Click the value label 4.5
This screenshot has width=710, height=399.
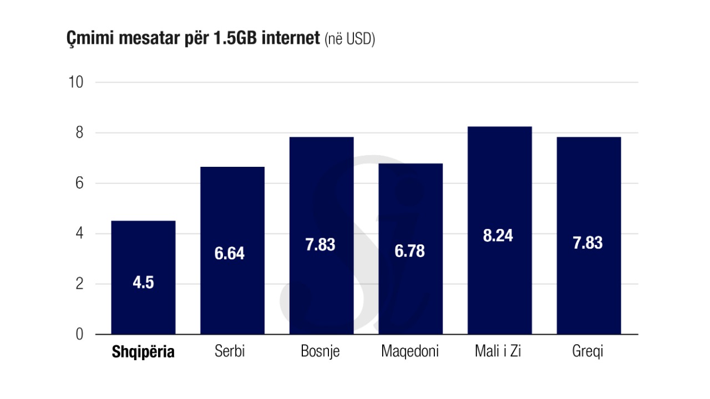pyautogui.click(x=143, y=283)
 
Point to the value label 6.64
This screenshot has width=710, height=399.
pyautogui.click(x=230, y=254)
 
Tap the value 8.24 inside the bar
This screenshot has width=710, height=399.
pyautogui.click(x=498, y=236)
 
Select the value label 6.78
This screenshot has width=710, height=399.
pyautogui.click(x=410, y=251)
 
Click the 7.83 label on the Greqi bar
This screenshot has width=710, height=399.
pyautogui.click(x=587, y=243)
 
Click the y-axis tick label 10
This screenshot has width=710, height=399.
pyautogui.click(x=75, y=83)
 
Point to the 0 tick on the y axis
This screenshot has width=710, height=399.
pyautogui.click(x=80, y=335)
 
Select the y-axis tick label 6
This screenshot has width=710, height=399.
pyautogui.click(x=80, y=183)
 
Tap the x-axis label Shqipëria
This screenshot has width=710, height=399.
pyautogui.click(x=143, y=352)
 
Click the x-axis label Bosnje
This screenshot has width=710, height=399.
pyautogui.click(x=320, y=352)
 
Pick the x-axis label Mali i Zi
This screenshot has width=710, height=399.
pyautogui.click(x=498, y=352)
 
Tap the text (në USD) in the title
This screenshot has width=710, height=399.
pyautogui.click(x=350, y=40)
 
